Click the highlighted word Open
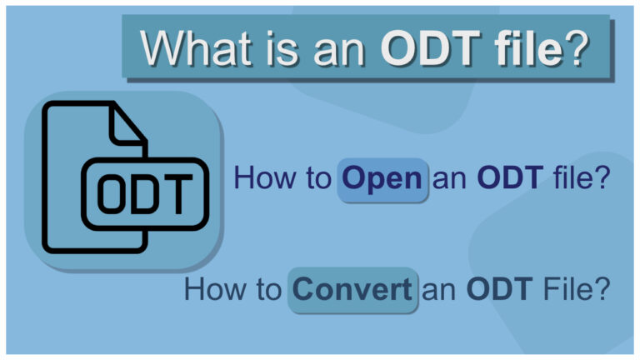tap(382, 179)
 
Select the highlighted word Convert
tap(352, 289)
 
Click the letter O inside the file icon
tap(116, 193)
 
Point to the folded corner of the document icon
tap(128, 125)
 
